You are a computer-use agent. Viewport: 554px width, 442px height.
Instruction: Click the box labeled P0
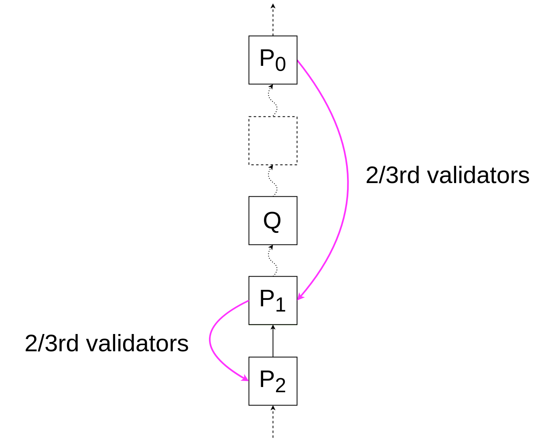click(x=273, y=60)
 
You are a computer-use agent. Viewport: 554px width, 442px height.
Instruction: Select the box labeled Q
click(x=273, y=221)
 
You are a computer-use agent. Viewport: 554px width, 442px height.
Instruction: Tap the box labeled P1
click(x=273, y=301)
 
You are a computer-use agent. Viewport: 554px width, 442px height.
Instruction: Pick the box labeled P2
click(x=273, y=381)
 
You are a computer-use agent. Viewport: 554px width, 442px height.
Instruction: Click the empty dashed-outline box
click(x=273, y=141)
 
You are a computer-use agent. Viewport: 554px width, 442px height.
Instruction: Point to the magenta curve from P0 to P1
click(x=347, y=180)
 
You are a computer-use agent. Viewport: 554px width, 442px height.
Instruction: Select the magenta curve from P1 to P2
click(x=210, y=340)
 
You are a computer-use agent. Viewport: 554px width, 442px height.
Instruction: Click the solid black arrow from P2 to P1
click(x=273, y=341)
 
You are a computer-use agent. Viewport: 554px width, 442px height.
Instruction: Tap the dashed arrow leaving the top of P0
click(x=273, y=20)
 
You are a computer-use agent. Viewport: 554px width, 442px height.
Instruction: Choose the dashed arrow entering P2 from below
click(x=273, y=422)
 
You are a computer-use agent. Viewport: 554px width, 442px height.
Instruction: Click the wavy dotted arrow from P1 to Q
click(x=272, y=261)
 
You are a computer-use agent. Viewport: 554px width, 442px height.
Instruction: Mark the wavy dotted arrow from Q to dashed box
click(x=272, y=181)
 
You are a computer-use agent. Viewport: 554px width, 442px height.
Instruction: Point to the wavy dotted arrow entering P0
click(x=272, y=100)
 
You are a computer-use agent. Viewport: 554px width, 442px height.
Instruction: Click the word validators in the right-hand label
click(x=478, y=175)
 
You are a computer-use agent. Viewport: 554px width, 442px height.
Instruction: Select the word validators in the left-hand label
click(x=137, y=343)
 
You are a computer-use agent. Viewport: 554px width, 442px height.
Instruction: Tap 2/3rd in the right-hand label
click(x=393, y=175)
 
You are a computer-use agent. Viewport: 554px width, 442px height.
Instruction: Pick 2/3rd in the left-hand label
click(x=51, y=343)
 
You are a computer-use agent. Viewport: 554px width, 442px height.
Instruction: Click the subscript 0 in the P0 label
click(x=280, y=64)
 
